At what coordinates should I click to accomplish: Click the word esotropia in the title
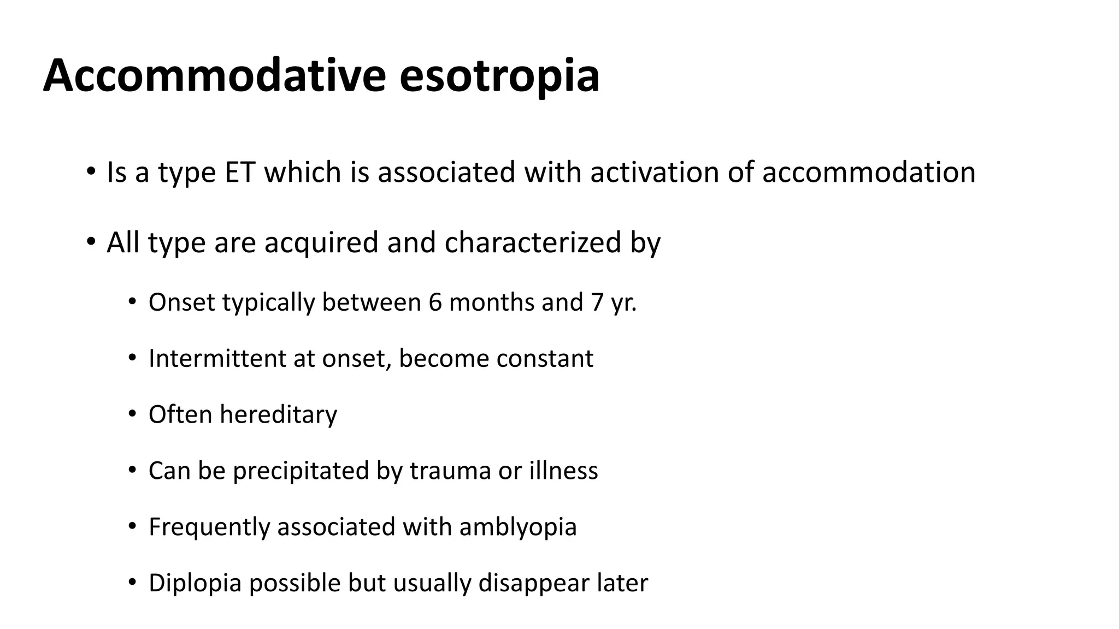(499, 76)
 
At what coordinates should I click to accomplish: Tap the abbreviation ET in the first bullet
(239, 172)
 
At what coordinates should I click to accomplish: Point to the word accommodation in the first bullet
(869, 172)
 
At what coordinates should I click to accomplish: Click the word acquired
(321, 242)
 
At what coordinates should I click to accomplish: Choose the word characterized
(533, 242)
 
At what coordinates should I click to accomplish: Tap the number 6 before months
(435, 302)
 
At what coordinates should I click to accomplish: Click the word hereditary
(279, 414)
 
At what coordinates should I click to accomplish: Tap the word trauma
(450, 471)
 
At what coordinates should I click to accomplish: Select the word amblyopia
(518, 527)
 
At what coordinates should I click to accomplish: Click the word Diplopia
(195, 583)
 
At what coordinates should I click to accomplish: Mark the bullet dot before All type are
(91, 241)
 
